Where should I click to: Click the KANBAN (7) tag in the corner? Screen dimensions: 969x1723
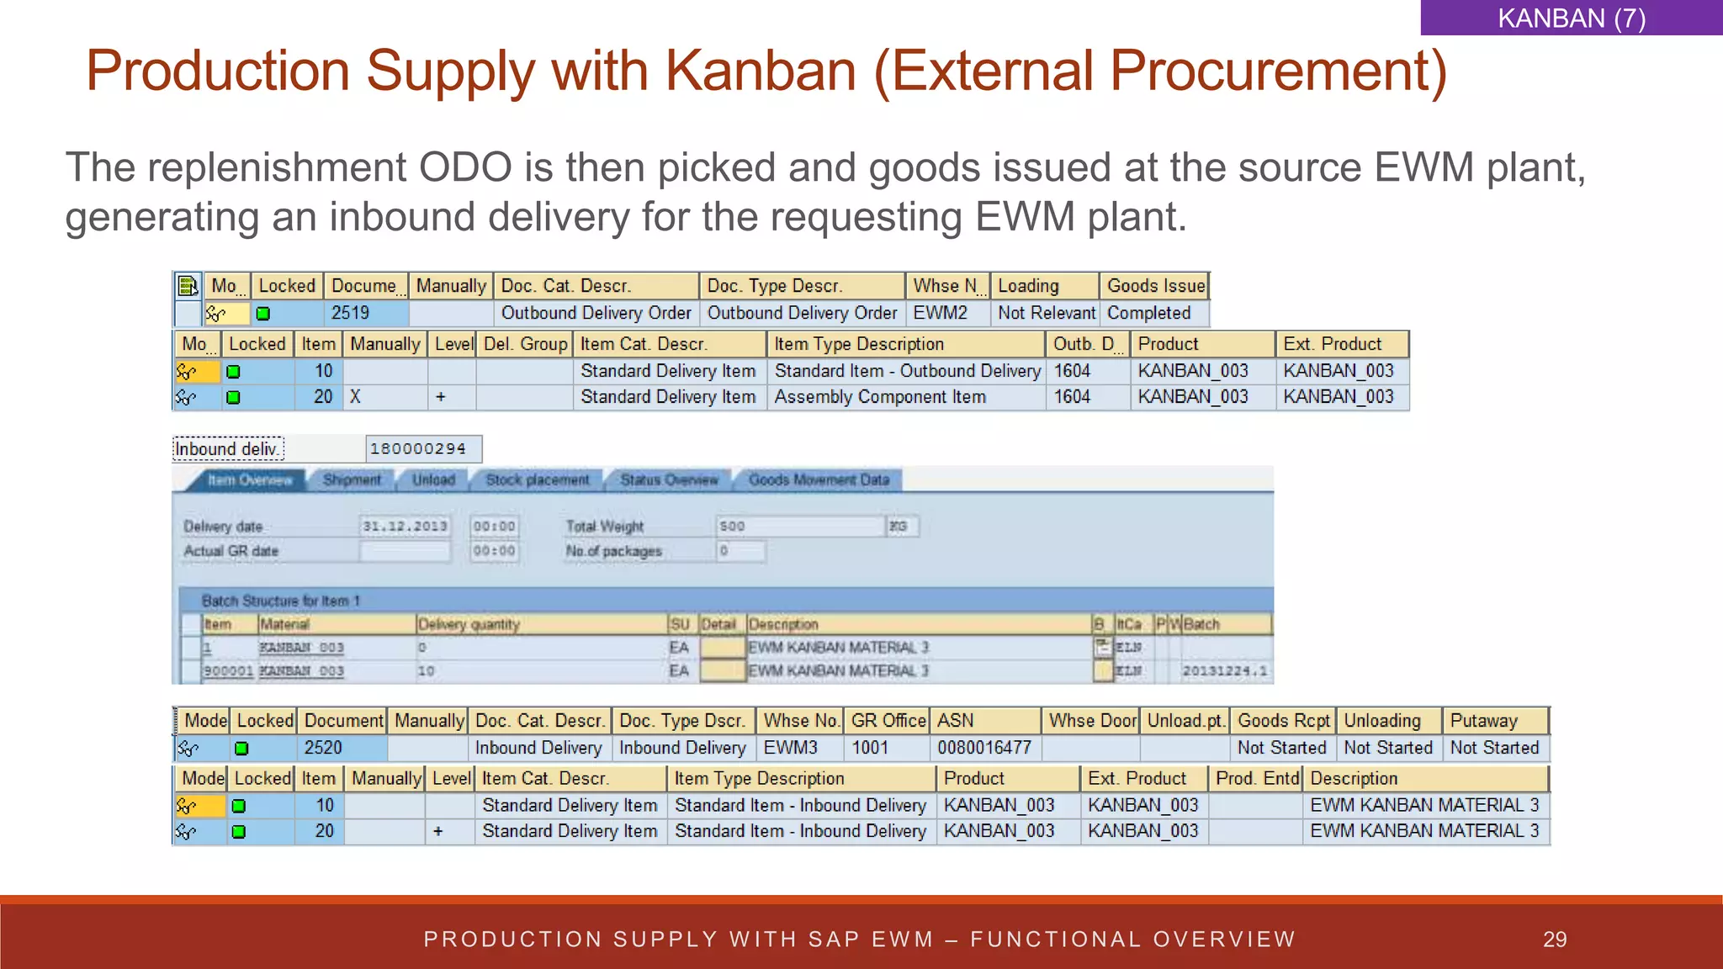click(1571, 18)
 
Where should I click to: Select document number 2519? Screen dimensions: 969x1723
click(350, 313)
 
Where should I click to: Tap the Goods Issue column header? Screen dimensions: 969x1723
click(1155, 286)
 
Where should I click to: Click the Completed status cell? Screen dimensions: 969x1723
click(1148, 313)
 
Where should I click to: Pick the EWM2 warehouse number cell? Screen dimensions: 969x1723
click(940, 313)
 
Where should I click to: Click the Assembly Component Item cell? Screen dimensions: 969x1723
click(879, 397)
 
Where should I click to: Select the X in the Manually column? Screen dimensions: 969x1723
click(355, 397)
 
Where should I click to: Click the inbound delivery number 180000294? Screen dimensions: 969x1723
click(418, 449)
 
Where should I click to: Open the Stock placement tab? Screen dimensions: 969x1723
click(537, 480)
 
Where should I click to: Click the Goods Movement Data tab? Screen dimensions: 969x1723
click(818, 480)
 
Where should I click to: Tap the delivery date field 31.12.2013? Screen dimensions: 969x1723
click(405, 527)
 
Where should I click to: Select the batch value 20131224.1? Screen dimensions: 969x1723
click(1224, 671)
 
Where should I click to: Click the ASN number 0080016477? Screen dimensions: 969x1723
click(983, 748)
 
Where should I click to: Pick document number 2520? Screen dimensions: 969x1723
click(323, 748)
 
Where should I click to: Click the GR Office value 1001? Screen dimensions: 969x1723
click(869, 748)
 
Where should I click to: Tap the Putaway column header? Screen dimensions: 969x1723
click(1483, 721)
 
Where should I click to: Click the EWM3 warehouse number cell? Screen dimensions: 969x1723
click(790, 748)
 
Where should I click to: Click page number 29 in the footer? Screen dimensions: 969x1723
click(1554, 940)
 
